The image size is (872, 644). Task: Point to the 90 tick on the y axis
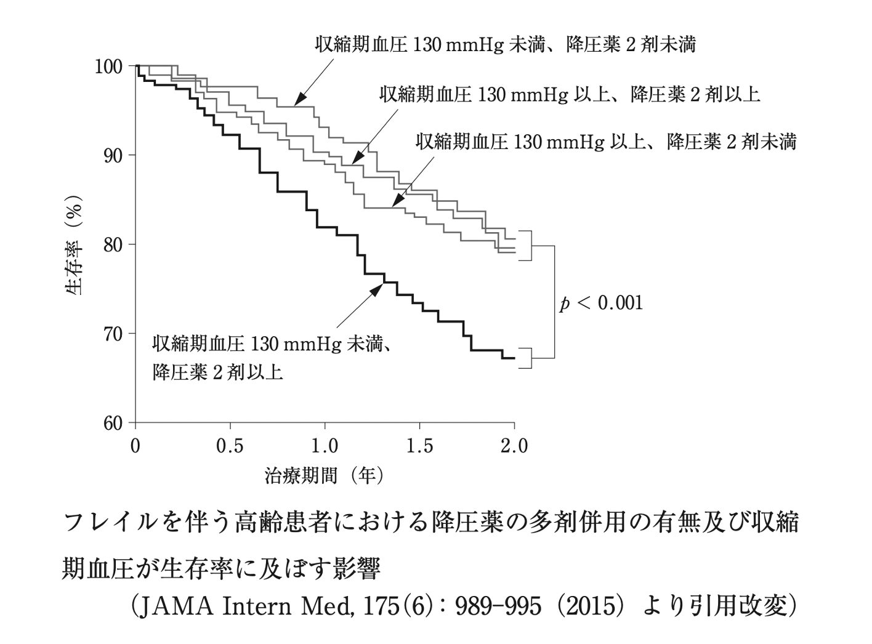(x=115, y=155)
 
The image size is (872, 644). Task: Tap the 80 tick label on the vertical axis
(x=115, y=244)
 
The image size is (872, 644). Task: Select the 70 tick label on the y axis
(x=115, y=334)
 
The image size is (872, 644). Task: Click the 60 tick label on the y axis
(x=115, y=423)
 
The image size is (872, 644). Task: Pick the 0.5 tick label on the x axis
(x=230, y=446)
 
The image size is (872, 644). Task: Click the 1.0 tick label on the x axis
(x=325, y=446)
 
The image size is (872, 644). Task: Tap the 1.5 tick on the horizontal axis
(x=419, y=446)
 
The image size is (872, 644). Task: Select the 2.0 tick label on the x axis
(x=514, y=446)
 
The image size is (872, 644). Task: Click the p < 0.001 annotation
(x=600, y=303)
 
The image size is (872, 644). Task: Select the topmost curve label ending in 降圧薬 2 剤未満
(x=505, y=45)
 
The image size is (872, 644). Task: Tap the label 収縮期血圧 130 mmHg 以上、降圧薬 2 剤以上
(x=570, y=94)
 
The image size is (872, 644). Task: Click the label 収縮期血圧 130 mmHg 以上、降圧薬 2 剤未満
(x=606, y=142)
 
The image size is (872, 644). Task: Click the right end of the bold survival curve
(x=514, y=358)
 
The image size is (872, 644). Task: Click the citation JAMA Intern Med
(x=241, y=607)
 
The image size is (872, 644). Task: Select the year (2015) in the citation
(x=591, y=607)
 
